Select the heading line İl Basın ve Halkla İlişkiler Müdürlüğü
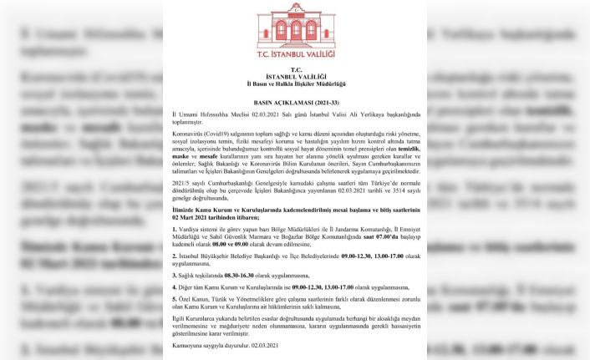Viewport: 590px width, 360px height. pyautogui.click(x=294, y=84)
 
